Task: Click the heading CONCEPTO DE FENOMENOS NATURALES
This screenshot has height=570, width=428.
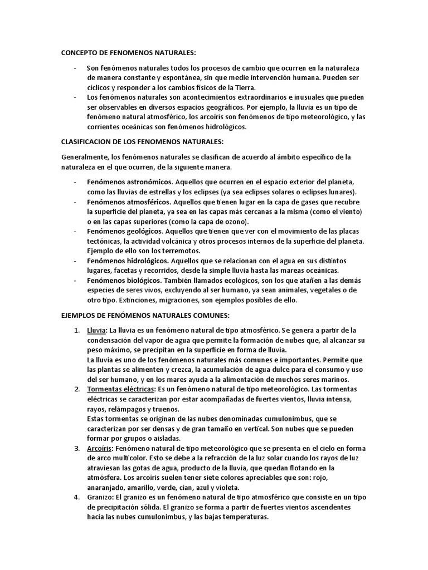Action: pos(129,53)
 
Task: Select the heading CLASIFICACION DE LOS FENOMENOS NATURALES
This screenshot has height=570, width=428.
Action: pos(142,142)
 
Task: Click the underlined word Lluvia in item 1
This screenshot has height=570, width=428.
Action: pos(97,330)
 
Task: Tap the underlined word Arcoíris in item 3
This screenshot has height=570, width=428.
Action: pos(100,448)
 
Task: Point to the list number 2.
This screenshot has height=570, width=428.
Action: pos(76,389)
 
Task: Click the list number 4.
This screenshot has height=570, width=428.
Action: pos(76,497)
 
